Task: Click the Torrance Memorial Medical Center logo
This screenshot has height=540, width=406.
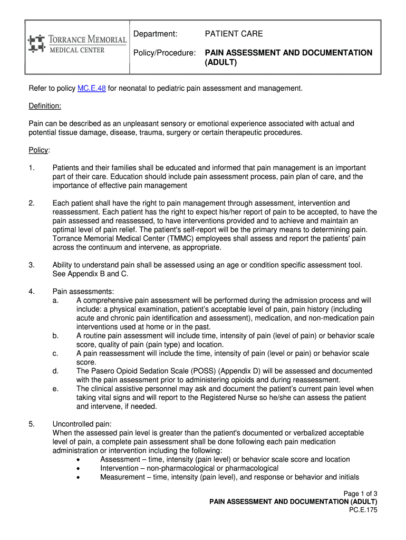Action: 77,44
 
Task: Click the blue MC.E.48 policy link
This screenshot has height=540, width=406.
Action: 92,88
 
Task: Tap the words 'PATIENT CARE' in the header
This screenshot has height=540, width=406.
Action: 234,34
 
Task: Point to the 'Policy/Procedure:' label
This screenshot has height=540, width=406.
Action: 165,53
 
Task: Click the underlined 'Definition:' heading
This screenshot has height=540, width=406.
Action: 45,106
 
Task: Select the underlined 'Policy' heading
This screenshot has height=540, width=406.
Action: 38,150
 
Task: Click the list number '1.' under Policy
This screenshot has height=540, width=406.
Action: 32,168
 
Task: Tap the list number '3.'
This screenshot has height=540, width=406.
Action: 32,265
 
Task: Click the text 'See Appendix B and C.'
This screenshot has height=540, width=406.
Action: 90,274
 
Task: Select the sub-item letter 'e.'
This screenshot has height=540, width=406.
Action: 55,389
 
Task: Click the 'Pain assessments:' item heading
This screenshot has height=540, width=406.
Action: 83,292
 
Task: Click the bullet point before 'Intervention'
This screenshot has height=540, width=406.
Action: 79,468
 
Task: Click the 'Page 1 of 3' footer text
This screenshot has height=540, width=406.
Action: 360,494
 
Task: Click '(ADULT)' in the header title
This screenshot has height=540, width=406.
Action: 221,63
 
